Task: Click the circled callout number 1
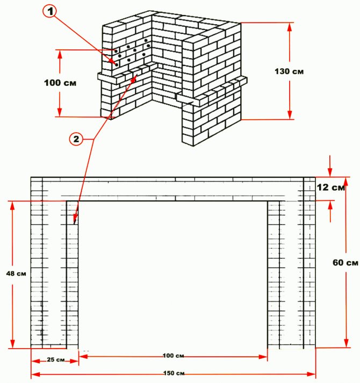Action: click(x=50, y=11)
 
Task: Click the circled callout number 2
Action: click(x=76, y=139)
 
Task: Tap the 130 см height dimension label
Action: click(x=289, y=71)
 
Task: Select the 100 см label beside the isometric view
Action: click(x=60, y=83)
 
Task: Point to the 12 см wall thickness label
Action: click(x=331, y=187)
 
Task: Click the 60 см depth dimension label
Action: click(x=345, y=263)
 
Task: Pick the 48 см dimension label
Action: click(x=16, y=273)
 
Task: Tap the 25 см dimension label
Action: click(x=56, y=360)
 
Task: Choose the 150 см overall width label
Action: click(x=174, y=373)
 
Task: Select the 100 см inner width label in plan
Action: click(x=173, y=356)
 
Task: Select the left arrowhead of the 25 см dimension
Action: click(x=35, y=361)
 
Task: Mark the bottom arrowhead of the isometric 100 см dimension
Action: click(x=60, y=112)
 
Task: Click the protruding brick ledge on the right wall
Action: click(x=212, y=91)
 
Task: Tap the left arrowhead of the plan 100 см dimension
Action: click(x=83, y=357)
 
